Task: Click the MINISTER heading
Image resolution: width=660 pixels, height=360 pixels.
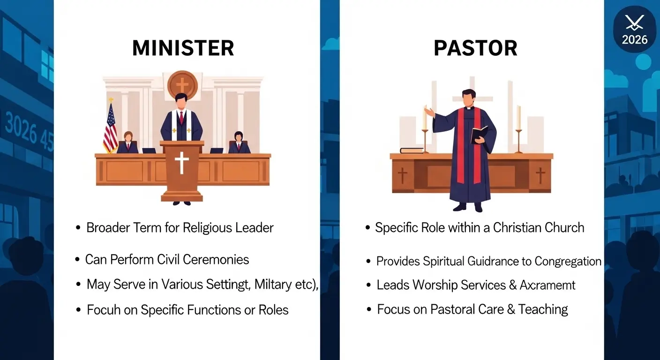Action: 183,48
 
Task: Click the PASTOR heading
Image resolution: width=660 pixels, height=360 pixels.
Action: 475,48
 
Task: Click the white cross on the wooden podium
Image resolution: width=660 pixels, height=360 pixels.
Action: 182,163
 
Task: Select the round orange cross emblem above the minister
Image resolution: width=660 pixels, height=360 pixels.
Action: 182,85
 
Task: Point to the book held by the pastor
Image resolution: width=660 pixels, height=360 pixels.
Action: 478,135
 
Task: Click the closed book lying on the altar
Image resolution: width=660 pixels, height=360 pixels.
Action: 412,150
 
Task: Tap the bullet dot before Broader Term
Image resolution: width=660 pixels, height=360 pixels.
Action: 78,228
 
